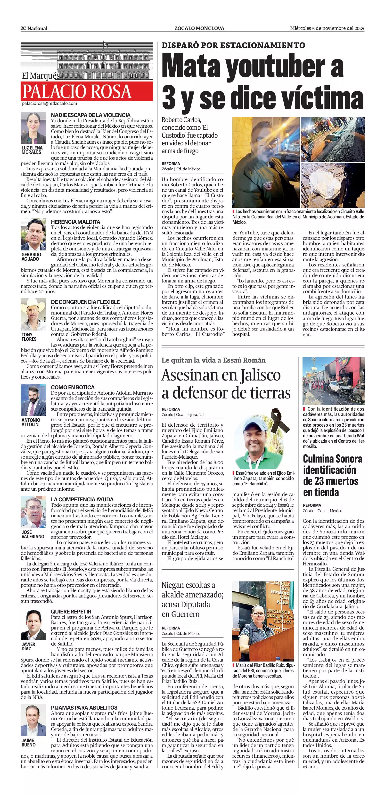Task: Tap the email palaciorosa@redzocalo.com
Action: [49, 104]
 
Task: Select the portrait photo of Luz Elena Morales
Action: [33, 127]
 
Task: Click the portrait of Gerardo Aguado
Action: [33, 235]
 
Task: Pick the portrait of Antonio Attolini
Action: [33, 400]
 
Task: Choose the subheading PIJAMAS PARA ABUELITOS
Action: [84, 707]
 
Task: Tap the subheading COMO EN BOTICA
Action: [73, 387]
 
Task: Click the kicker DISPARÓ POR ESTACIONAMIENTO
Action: [233, 45]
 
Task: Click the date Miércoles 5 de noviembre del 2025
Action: [327, 28]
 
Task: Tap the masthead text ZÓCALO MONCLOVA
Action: [199, 28]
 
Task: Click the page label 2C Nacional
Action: [34, 28]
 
